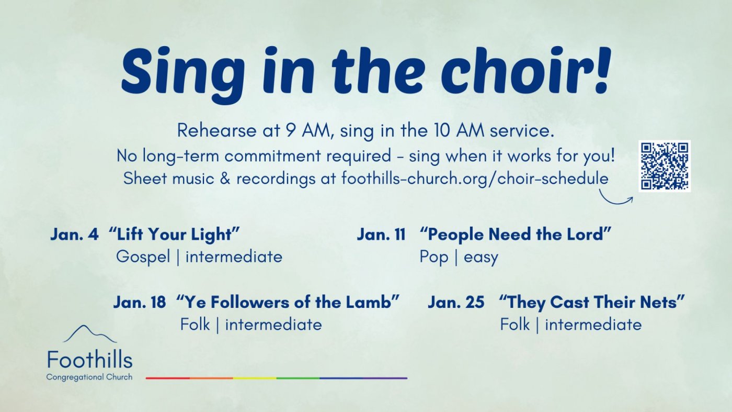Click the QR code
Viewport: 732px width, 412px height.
coord(665,166)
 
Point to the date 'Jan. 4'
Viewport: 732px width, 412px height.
coord(74,235)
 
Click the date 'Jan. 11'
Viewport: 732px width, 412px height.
coord(381,235)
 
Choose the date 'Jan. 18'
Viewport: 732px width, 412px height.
coord(140,302)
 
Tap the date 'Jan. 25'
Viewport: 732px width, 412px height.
coord(456,302)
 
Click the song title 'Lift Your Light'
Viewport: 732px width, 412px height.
coord(174,235)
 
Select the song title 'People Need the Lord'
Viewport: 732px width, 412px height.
coord(516,235)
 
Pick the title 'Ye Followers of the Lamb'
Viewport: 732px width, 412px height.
coord(288,302)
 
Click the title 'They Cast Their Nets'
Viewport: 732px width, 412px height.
coord(592,302)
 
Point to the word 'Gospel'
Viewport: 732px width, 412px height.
coord(143,257)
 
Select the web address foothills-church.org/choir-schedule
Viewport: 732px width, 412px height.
coord(475,179)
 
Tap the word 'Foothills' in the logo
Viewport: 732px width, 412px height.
coord(90,360)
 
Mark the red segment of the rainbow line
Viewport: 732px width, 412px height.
coord(168,378)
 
